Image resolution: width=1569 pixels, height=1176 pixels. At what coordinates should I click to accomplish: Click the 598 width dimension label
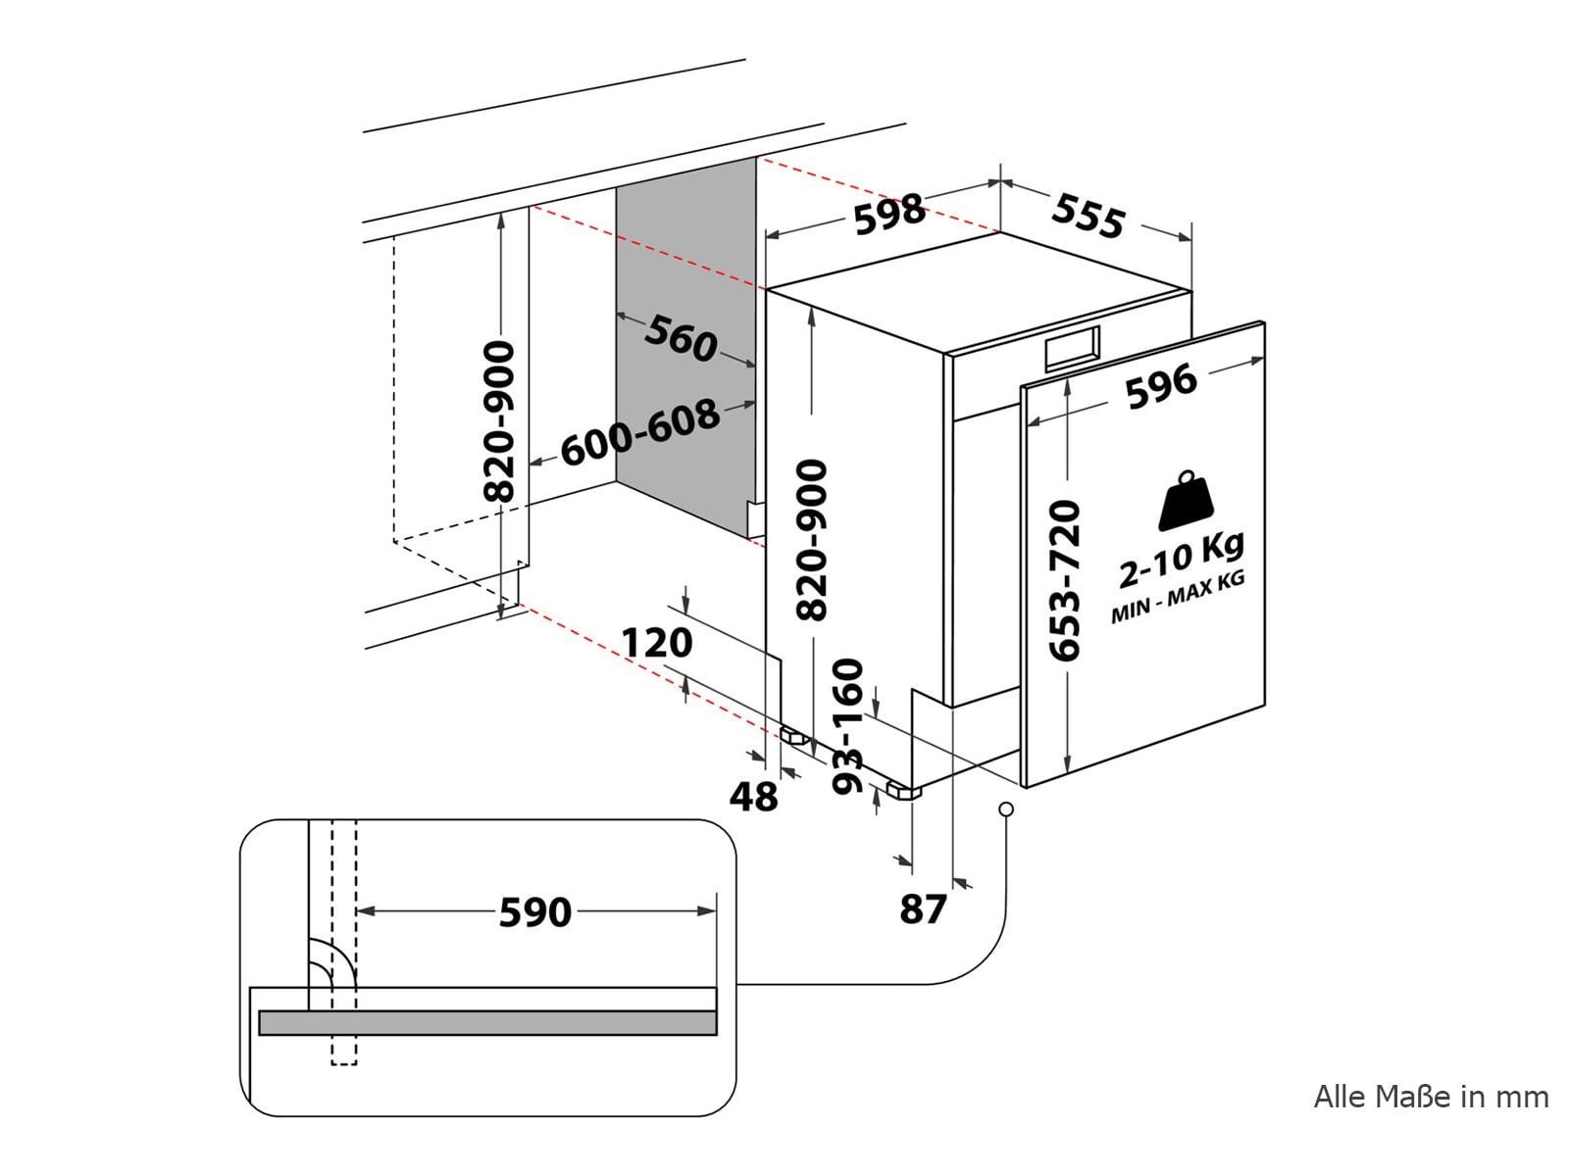tap(889, 213)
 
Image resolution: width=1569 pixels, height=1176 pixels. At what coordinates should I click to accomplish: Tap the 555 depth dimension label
tap(1088, 215)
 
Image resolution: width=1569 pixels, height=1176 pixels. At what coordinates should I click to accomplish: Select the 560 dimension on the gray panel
tap(681, 338)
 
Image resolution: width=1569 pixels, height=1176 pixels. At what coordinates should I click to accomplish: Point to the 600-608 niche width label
tap(639, 432)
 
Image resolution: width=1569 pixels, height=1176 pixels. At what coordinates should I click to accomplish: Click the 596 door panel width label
tap(1161, 386)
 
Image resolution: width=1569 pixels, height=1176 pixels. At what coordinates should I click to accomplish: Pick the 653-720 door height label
tap(1064, 580)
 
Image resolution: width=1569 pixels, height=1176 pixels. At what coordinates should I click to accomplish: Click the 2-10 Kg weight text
tap(1181, 560)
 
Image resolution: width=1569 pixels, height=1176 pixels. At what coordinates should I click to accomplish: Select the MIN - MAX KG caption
tap(1178, 597)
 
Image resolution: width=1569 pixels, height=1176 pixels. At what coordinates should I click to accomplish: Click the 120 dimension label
tap(657, 643)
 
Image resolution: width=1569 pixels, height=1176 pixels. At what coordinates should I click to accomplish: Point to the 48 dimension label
tap(753, 797)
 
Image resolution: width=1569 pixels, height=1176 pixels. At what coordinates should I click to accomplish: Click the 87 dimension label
tap(923, 909)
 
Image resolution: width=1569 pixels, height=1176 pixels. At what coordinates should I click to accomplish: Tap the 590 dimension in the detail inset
tap(534, 912)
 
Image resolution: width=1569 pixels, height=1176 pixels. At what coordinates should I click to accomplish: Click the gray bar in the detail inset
tap(487, 1022)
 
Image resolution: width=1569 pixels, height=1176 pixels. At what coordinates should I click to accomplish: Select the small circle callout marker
tap(1006, 809)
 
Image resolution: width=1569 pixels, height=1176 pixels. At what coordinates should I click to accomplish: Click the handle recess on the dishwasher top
tap(1072, 349)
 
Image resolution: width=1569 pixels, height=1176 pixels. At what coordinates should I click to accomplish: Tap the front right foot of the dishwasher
tap(903, 791)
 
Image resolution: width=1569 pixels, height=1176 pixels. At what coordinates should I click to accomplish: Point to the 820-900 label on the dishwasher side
tap(811, 540)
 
